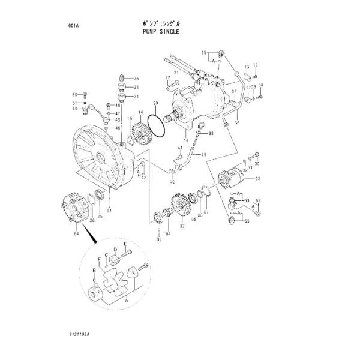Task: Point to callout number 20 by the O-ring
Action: (155, 103)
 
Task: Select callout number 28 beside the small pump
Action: (257, 179)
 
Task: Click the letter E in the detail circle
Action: (125, 245)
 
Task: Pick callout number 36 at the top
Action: (136, 79)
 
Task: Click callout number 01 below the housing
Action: (109, 211)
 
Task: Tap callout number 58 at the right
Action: (260, 86)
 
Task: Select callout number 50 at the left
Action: (75, 94)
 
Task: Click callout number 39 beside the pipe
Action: (203, 154)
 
